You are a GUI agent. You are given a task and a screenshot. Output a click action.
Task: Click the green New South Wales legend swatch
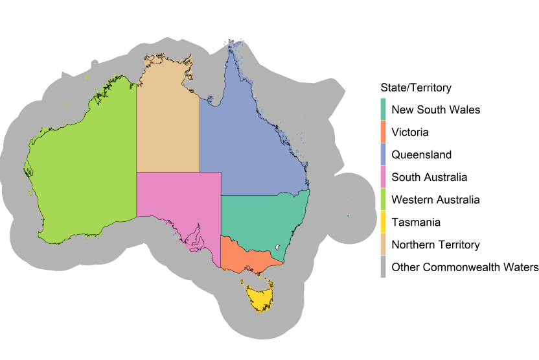383,110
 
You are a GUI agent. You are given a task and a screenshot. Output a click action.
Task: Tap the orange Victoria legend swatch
383,132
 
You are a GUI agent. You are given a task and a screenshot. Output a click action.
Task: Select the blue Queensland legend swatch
383,155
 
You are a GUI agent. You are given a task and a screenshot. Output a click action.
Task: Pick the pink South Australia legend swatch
383,177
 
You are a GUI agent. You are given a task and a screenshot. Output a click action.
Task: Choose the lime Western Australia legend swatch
383,200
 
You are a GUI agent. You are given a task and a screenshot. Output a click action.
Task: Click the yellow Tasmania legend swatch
383,222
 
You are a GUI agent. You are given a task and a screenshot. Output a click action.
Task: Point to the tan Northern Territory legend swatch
383,245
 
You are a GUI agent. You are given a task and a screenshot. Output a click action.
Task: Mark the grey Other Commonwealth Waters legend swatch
383,267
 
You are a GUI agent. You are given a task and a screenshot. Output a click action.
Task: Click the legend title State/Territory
416,88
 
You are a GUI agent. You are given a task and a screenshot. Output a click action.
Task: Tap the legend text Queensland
422,155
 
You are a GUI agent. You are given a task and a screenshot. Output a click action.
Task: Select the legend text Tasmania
416,222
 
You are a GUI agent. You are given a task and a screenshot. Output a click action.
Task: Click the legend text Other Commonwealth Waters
464,267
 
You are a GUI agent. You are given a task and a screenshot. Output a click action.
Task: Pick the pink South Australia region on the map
175,201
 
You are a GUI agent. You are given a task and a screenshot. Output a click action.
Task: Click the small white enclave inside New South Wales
277,247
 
